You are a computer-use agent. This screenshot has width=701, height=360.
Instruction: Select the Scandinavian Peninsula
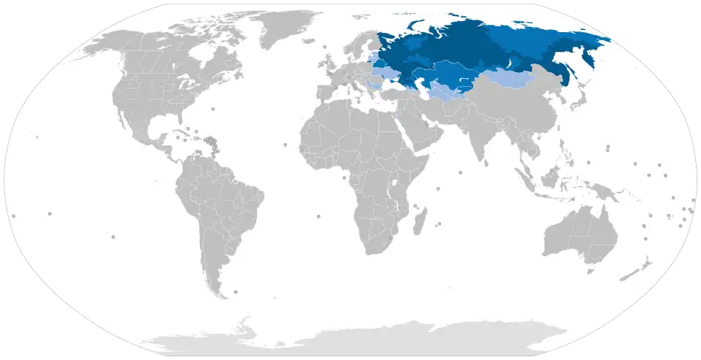click(x=357, y=47)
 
